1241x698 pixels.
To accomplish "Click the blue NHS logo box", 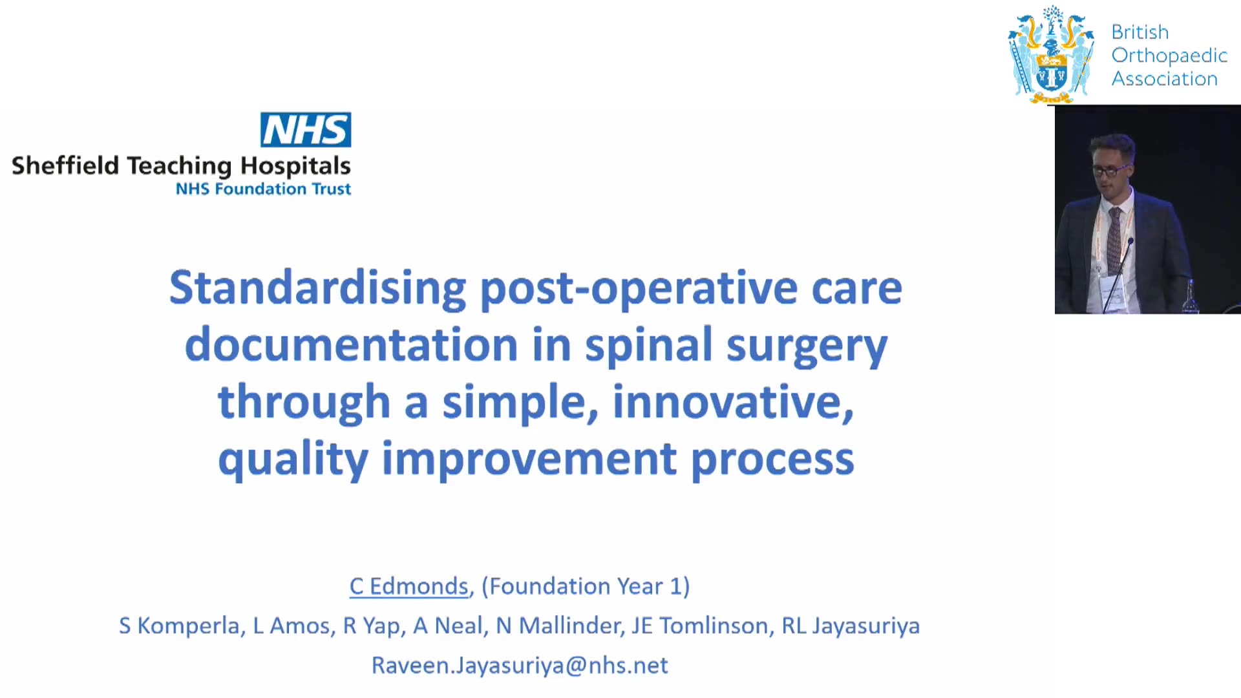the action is click(x=306, y=129).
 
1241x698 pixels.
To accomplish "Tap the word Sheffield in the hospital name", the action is click(x=65, y=165).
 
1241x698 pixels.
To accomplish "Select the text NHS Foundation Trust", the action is click(x=263, y=189).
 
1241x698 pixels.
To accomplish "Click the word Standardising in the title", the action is click(x=317, y=288).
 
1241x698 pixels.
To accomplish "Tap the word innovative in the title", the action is click(x=733, y=402).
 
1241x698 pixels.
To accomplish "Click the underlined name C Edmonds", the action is click(x=408, y=586).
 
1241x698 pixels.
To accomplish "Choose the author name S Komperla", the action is click(x=179, y=626).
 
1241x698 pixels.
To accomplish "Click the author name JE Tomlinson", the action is click(x=699, y=626).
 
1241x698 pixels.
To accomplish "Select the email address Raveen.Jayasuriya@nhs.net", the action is click(x=520, y=665).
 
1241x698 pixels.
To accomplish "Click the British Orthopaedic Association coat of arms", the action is click(x=1051, y=54).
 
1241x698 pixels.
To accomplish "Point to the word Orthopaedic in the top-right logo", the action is click(x=1169, y=56).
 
